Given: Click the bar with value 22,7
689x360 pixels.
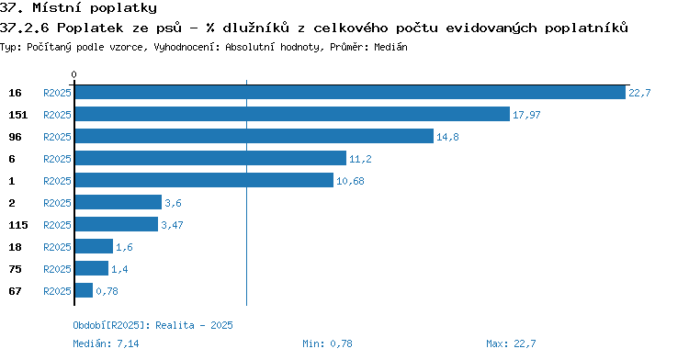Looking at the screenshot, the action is coord(350,93).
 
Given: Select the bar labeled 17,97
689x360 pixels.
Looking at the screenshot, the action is coord(292,114).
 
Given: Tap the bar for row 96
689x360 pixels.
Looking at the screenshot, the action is coord(254,136).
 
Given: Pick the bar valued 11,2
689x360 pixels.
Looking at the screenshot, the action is coord(210,158).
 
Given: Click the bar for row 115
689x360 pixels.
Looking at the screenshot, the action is coord(117,224).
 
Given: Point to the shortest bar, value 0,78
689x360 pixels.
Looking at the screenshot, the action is coord(84,290).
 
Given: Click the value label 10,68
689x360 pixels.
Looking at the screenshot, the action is coord(350,181).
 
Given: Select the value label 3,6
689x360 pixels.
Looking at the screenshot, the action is coord(173,203).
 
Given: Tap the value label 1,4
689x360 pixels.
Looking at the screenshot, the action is coord(119,269).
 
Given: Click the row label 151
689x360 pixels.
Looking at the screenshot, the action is coord(18,115).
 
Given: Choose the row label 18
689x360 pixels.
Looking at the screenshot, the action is coord(15,247).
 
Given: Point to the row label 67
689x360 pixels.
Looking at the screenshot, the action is coord(15,291).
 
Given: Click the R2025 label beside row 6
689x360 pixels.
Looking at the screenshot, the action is coord(57,159).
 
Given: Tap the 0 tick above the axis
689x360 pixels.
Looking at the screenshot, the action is coord(73,74).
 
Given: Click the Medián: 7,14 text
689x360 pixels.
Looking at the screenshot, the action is coord(106,343).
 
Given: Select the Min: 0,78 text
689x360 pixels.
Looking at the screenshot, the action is coord(327,343).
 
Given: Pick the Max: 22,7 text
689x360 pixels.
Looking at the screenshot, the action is coord(511,343).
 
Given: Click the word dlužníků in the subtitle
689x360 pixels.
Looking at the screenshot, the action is coord(255,28).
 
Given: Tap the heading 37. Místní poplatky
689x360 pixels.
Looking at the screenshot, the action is coord(78,7).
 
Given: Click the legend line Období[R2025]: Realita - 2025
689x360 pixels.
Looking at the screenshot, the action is coord(152,325).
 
